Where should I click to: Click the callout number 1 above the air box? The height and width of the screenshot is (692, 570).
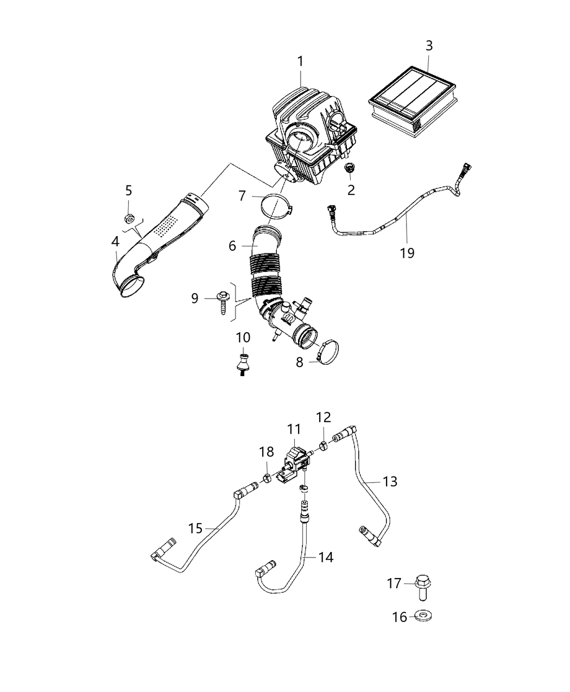300,61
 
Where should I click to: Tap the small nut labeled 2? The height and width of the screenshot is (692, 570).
349,170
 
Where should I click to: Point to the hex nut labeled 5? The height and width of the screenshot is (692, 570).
129,219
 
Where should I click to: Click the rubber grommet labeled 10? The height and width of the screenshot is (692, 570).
243,362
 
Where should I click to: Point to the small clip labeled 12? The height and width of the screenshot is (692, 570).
322,447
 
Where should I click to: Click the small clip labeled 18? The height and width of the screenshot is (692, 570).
267,478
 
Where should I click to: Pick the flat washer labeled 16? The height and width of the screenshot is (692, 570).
423,617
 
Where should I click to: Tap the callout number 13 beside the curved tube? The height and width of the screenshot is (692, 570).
390,481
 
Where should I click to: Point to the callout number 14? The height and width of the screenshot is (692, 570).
326,557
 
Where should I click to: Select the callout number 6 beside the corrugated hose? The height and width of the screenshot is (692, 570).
232,246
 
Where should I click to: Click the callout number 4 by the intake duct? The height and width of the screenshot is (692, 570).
116,240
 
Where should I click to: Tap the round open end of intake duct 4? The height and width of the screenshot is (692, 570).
132,285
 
